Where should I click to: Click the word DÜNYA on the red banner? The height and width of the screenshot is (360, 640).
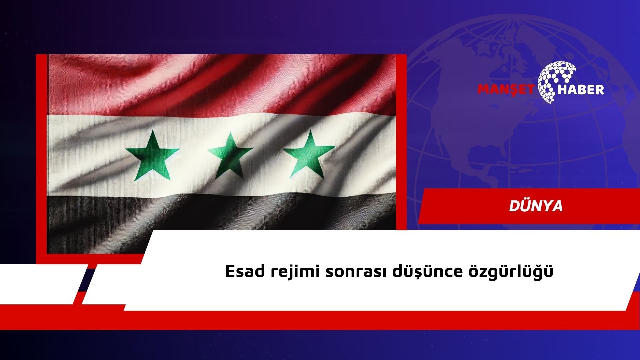coord(536,206)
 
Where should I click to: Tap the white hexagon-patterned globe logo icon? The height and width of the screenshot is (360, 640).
coord(557,82)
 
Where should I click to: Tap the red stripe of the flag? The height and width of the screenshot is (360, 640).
coord(222,85)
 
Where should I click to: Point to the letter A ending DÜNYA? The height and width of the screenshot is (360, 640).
coord(557,207)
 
